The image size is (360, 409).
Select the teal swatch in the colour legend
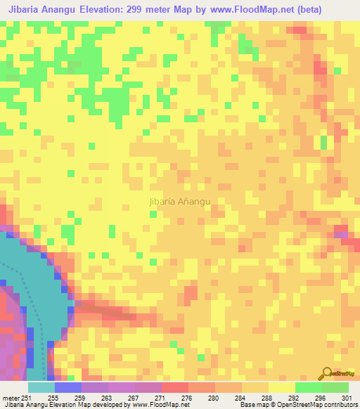tap(41, 387)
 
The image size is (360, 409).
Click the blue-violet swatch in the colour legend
tap(68, 387)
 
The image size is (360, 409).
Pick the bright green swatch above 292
tap(309, 387)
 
